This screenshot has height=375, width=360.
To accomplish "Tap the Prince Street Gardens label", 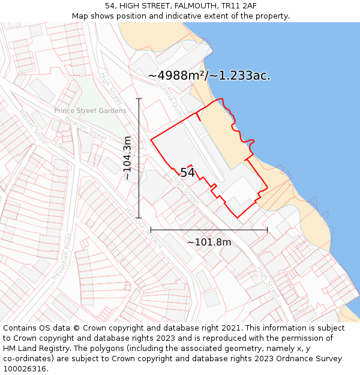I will pos(90,111).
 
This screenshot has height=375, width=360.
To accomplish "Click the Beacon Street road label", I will pos(85,129).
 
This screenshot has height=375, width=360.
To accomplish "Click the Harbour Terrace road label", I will pos(143,228).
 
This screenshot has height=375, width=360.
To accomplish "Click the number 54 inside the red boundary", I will pos(187,173).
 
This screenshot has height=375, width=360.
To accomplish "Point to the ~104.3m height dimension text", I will pos(127,158).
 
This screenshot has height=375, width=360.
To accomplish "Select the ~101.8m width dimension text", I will pos(209,242).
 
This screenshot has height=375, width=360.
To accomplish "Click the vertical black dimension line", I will pos(139,180).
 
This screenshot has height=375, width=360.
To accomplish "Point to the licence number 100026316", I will pos(26,368).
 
